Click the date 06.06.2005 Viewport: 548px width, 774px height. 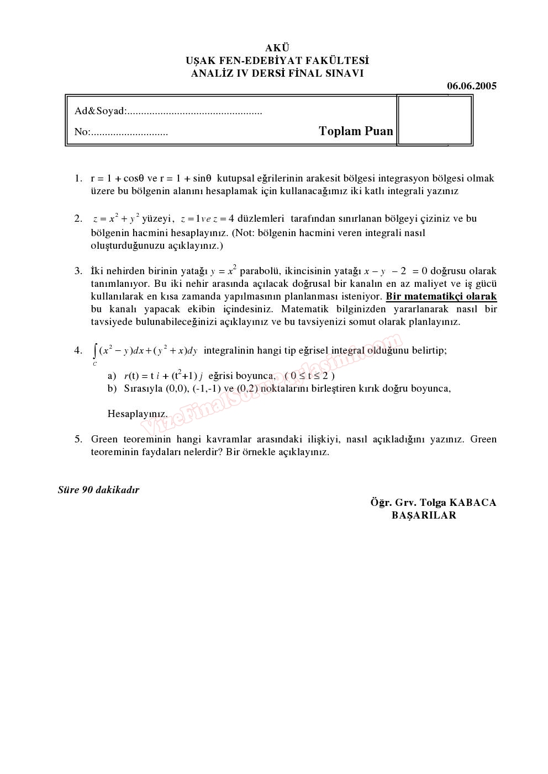coord(471,86)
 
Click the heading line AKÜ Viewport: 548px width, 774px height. coord(277,49)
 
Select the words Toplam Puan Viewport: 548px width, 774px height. coord(356,131)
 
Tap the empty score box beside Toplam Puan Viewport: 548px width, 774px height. coord(435,120)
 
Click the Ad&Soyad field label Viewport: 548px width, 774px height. coord(100,111)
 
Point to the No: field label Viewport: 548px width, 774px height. coord(82,132)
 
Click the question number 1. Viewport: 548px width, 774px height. coord(78,178)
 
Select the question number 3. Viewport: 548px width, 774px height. coord(78,271)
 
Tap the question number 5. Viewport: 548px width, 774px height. coord(78,439)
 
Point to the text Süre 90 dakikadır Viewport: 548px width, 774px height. coord(98,490)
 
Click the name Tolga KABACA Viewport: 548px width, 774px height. coord(458,503)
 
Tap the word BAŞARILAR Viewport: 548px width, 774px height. coord(424,515)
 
